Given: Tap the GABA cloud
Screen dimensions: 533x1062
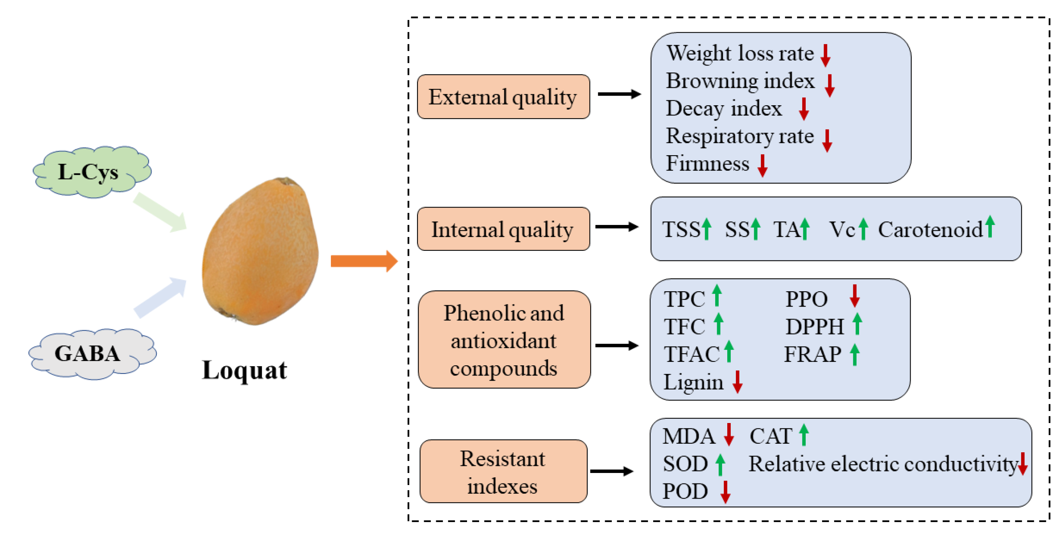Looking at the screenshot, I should coord(92,354).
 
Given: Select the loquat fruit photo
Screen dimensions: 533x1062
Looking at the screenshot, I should coord(261,251).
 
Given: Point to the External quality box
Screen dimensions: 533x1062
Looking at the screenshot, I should coord(503,97).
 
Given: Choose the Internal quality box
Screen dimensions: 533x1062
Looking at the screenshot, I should coord(503,229).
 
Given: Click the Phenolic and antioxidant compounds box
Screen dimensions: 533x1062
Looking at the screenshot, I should coord(504,340).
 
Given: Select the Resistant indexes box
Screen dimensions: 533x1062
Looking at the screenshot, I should coord(503,471).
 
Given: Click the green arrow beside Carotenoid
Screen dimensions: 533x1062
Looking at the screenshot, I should coord(990,227).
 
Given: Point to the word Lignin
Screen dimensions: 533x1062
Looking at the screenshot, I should coord(693,382).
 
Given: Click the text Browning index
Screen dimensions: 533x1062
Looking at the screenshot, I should coord(740,81).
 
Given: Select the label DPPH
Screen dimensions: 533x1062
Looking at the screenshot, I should coord(815,327).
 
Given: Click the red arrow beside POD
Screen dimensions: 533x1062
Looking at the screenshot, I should coord(725,492).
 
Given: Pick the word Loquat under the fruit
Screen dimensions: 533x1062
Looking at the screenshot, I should coord(244,370).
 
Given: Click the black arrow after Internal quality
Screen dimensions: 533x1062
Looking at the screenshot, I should coord(616,227).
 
